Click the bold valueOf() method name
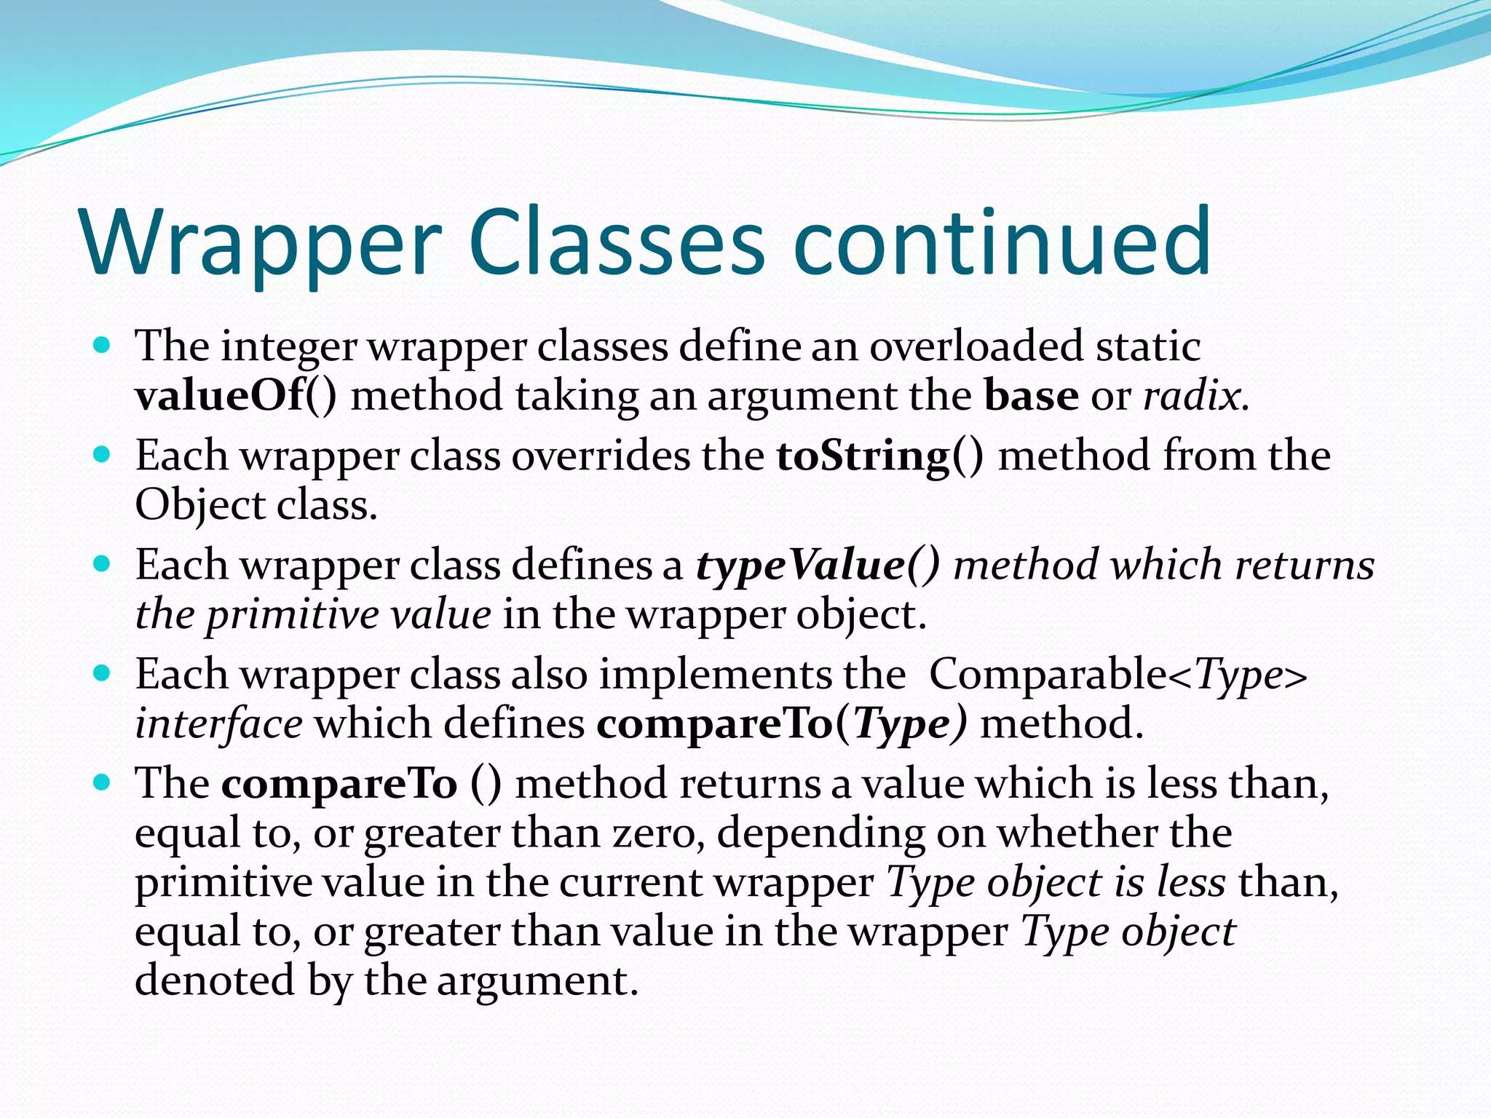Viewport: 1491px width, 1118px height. pyautogui.click(x=236, y=397)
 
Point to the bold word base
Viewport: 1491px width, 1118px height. pyautogui.click(x=1031, y=397)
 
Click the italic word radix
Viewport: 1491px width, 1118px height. pyautogui.click(x=1194, y=397)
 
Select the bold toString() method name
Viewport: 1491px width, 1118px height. pyautogui.click(x=879, y=456)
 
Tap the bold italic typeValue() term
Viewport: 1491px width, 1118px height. pyautogui.click(x=818, y=566)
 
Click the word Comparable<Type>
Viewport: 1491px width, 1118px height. pyautogui.click(x=1118, y=675)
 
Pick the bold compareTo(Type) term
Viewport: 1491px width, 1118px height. pyautogui.click(x=782, y=724)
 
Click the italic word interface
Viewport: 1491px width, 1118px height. pyautogui.click(x=218, y=724)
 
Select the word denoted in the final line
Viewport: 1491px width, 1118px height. pyautogui.click(x=215, y=981)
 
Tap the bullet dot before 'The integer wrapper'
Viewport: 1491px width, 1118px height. pyautogui.click(x=102, y=344)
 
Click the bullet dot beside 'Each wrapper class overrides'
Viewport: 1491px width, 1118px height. pyautogui.click(x=102, y=455)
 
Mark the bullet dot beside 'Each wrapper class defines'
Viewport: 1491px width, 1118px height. pyautogui.click(x=102, y=564)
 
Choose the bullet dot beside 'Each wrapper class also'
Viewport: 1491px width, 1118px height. pyautogui.click(x=102, y=673)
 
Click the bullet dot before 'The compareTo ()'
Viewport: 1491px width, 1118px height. pyautogui.click(x=102, y=782)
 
